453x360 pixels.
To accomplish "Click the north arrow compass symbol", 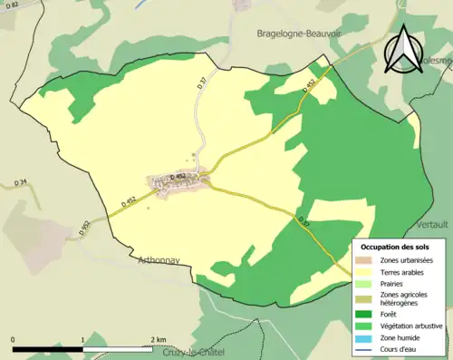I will pos(403,48).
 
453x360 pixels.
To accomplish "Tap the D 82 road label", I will pos(9,7).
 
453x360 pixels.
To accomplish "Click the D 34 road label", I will pos(23,183).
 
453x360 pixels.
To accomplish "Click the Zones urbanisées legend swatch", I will pos(366,261).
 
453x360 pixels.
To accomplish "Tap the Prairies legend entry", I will pos(394,283).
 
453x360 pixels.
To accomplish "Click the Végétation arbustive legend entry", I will pos(413,324).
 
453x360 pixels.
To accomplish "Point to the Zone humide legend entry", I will pos(402,337).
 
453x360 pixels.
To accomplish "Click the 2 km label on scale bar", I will pos(158,339).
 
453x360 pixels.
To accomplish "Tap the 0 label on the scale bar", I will pos(14,339).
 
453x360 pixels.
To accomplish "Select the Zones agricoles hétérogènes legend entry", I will pos(404,298).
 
